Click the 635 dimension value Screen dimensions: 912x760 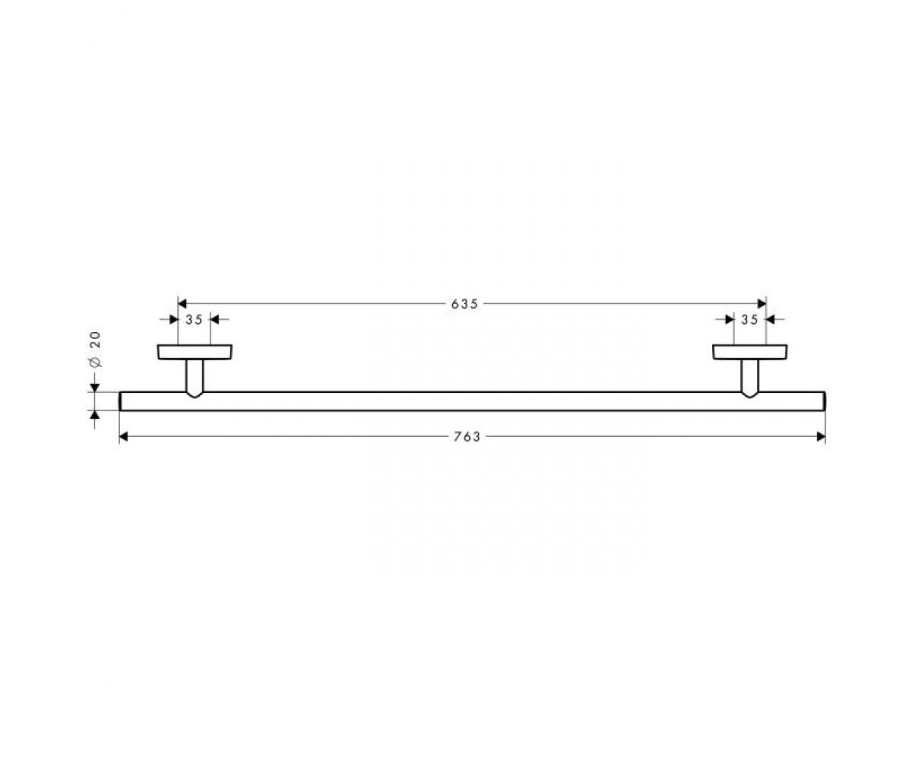pos(464,304)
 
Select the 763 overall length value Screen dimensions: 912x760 pos(467,437)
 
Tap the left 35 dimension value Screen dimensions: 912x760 pos(194,320)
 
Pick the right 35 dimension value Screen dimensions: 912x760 pos(749,320)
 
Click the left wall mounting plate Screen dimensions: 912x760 pos(195,352)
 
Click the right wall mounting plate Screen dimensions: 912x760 pos(750,352)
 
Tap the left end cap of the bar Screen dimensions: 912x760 pos(120,401)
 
